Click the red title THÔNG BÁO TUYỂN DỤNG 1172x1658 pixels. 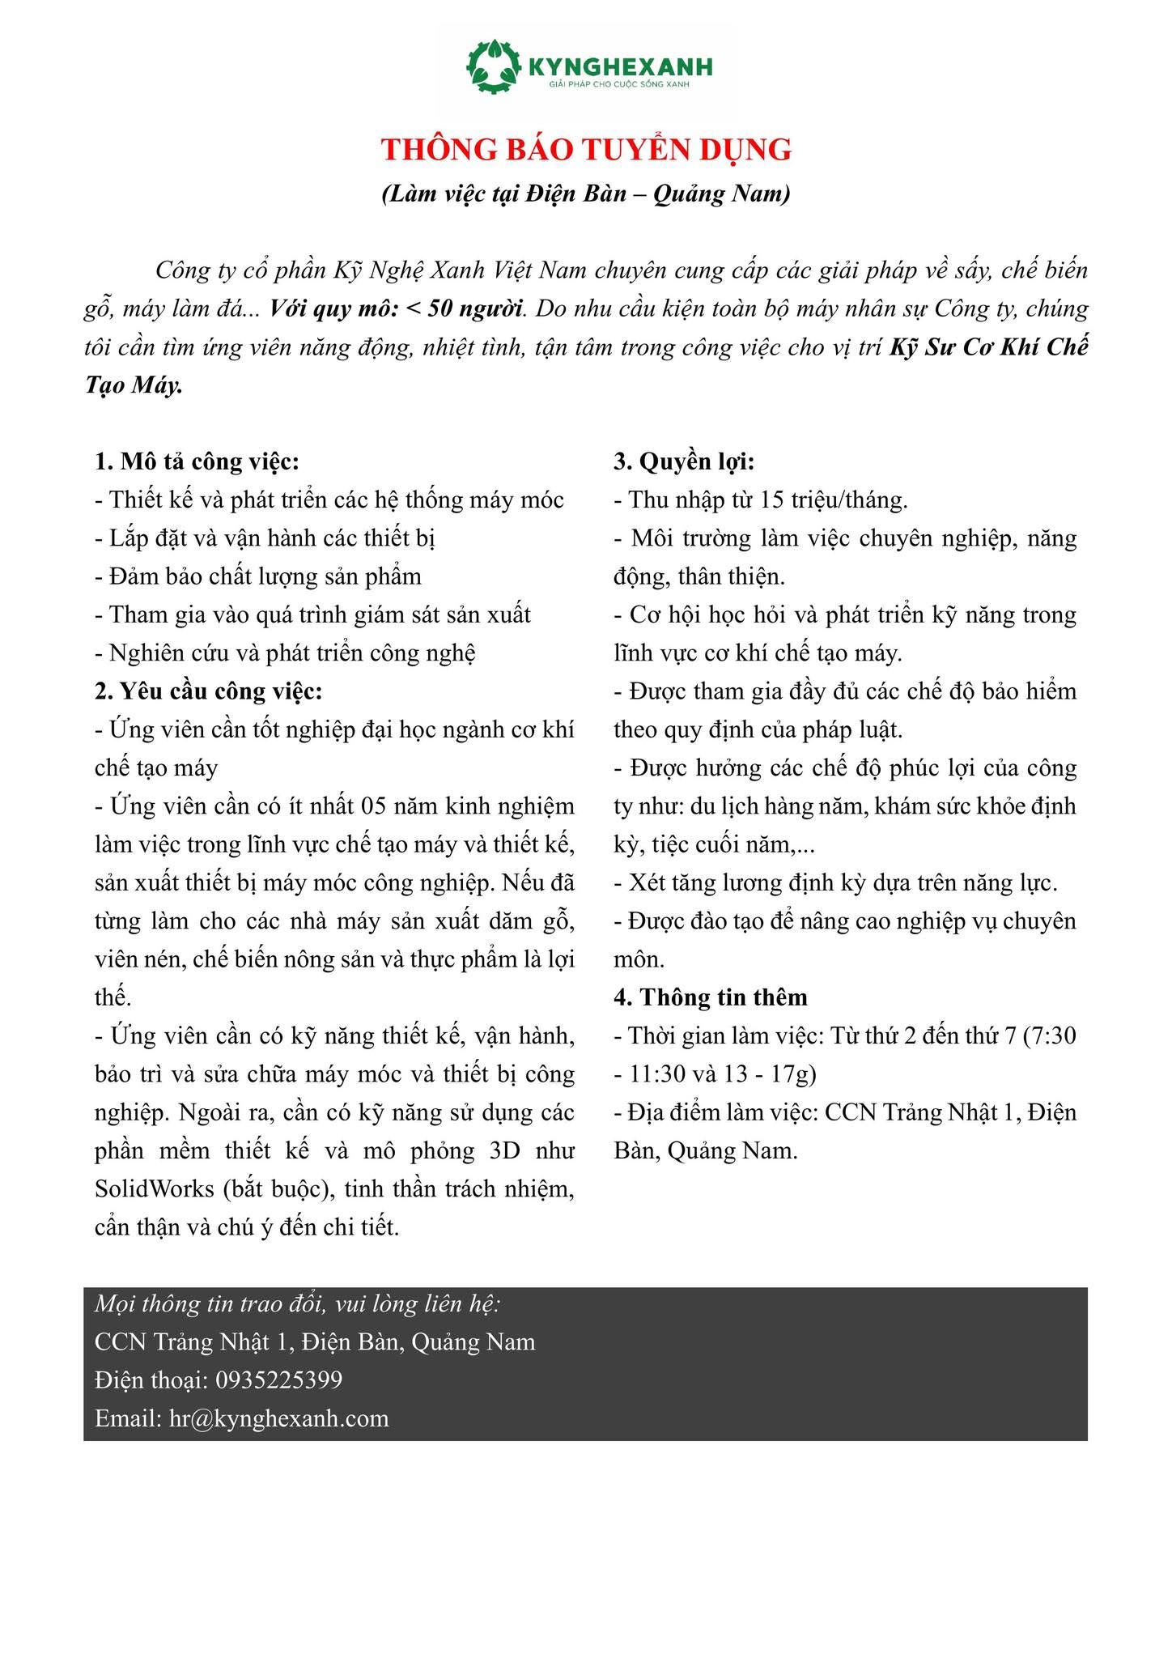click(586, 151)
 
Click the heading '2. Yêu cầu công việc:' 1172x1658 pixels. click(209, 691)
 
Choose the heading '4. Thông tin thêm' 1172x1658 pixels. click(711, 997)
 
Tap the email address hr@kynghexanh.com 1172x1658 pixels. click(279, 1418)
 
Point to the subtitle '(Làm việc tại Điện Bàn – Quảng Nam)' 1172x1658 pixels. click(586, 194)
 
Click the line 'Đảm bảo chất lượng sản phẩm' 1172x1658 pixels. click(258, 576)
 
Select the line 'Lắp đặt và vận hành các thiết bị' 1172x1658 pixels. click(266, 538)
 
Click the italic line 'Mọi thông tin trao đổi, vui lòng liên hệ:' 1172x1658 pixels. click(298, 1303)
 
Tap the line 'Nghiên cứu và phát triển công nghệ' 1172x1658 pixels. click(285, 653)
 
